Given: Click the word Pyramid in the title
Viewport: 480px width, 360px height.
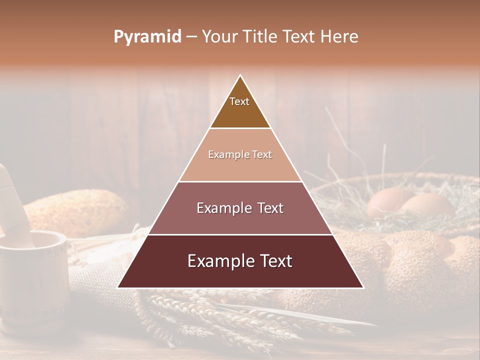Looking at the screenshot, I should (x=147, y=37).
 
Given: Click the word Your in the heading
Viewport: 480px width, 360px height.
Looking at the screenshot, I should (x=219, y=37).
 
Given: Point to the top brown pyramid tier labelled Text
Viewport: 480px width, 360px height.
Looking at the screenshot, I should (x=240, y=107).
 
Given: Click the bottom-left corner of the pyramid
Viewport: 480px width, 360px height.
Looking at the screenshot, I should (x=118, y=287).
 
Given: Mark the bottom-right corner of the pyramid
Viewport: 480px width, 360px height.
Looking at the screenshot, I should (x=362, y=287).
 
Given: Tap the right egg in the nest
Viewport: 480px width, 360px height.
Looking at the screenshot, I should (x=427, y=205).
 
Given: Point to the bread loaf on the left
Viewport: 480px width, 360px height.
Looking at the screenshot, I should (x=75, y=212).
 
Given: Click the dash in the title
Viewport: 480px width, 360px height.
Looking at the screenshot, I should (x=191, y=37).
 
